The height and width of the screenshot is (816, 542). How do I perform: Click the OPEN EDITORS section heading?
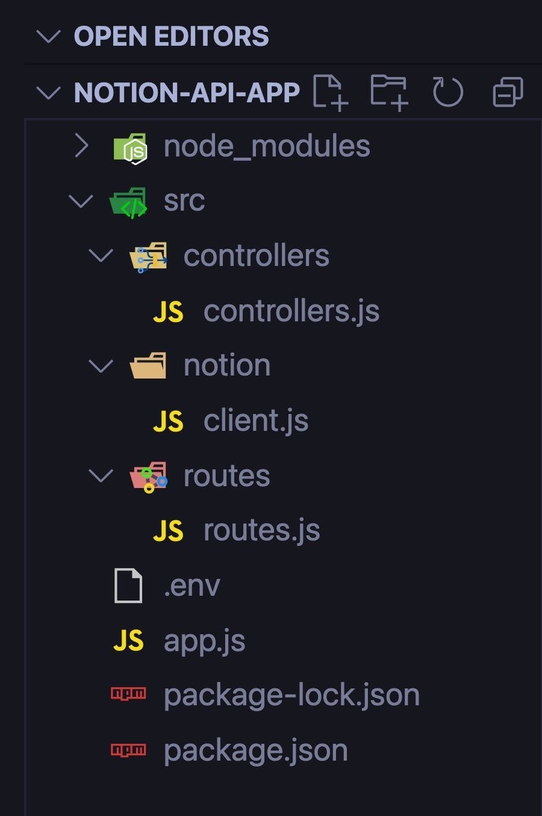[171, 37]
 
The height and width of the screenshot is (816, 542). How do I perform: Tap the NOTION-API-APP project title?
[187, 93]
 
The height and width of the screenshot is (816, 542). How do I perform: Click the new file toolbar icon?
[330, 92]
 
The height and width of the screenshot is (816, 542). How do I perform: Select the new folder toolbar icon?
[389, 92]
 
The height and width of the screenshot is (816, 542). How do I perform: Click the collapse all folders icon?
[508, 93]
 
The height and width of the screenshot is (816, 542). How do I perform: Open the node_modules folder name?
[267, 146]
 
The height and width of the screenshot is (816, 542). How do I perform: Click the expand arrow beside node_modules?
[81, 146]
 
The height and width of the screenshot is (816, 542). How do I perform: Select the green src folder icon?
[129, 202]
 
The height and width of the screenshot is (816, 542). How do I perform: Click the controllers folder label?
[256, 256]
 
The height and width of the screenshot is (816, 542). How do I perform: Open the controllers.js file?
[291, 311]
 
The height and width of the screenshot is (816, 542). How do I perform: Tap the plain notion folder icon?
[148, 366]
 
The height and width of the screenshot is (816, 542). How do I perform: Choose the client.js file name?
[256, 421]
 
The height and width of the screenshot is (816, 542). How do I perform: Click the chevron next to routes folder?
[101, 476]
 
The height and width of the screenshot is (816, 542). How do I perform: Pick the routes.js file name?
[261, 530]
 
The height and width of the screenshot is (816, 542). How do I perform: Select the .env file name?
[192, 586]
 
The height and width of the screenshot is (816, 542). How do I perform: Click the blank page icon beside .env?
[128, 586]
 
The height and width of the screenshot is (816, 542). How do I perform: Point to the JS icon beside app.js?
[128, 641]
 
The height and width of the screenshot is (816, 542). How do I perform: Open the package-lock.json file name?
[291, 696]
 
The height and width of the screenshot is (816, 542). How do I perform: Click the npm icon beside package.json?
[128, 750]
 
